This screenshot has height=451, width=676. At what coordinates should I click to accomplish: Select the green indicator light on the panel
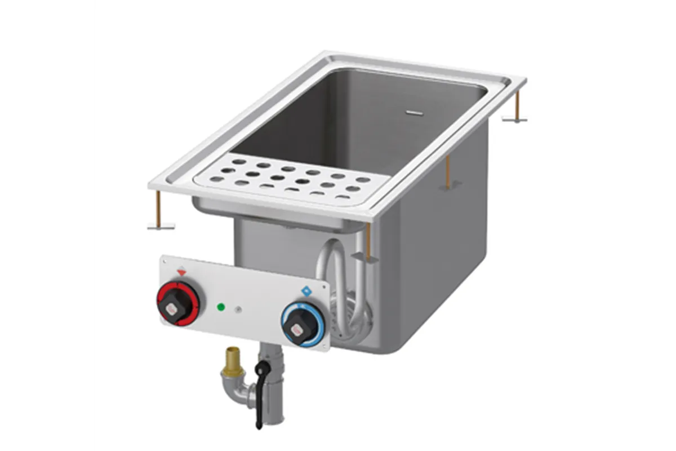pyautogui.click(x=221, y=307)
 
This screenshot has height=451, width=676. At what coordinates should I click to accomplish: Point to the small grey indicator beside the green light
pyautogui.click(x=238, y=309)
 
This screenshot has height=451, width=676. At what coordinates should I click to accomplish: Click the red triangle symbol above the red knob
pyautogui.click(x=181, y=272)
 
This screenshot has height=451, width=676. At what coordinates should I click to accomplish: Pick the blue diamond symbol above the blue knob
pyautogui.click(x=306, y=291)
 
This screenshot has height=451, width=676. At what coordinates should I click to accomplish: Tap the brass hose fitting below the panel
pyautogui.click(x=230, y=359)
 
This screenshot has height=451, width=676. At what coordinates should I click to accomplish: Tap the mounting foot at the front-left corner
pyautogui.click(x=161, y=225)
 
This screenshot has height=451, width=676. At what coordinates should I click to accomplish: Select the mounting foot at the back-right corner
pyautogui.click(x=514, y=118)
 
